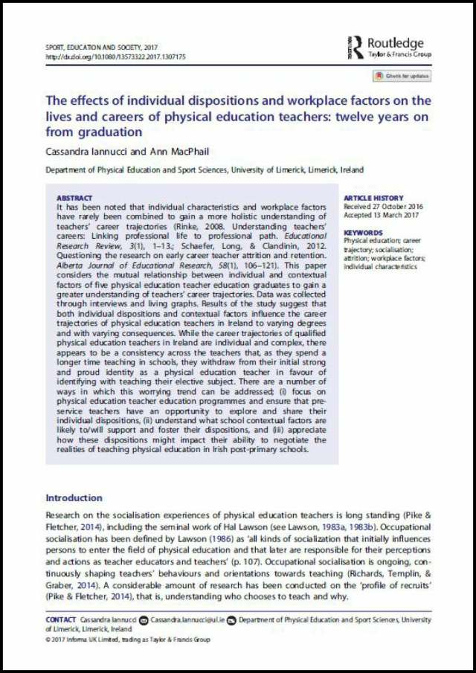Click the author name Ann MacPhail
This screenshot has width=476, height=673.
168,151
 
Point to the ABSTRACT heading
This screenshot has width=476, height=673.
74,199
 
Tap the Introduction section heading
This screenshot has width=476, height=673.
74,497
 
